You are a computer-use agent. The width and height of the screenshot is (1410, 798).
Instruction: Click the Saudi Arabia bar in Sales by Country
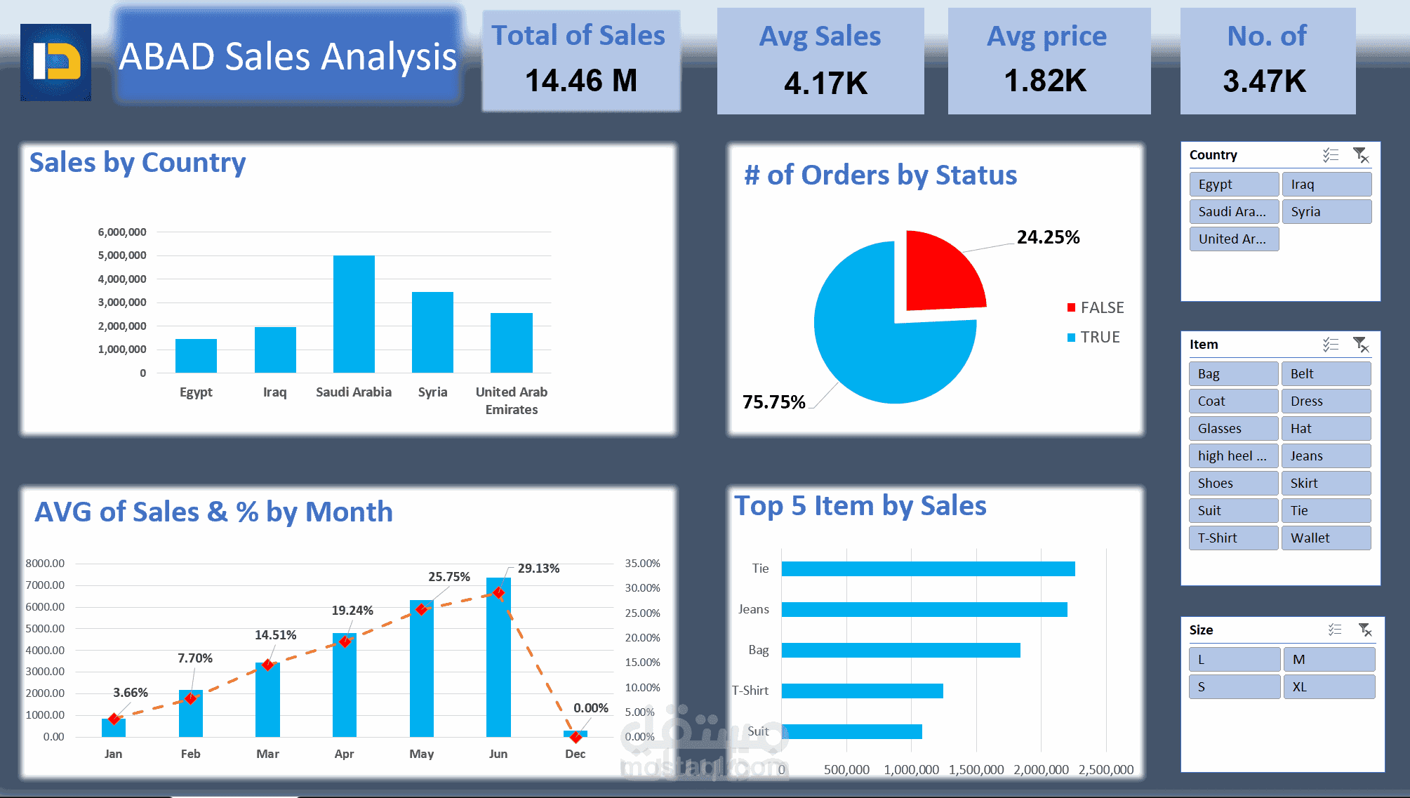pyautogui.click(x=354, y=314)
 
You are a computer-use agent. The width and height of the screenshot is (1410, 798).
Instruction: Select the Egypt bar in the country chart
pyautogui.click(x=196, y=356)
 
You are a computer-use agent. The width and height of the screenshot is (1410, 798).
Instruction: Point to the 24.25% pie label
pyautogui.click(x=1048, y=237)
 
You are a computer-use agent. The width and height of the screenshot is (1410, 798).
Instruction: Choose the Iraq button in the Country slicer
pyautogui.click(x=1326, y=185)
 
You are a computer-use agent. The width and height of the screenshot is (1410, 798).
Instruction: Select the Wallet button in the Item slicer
pyautogui.click(x=1326, y=538)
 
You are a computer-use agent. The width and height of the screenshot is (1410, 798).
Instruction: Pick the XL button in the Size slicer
pyautogui.click(x=1328, y=687)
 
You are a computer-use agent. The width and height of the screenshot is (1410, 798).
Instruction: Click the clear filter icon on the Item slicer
pyautogui.click(x=1360, y=345)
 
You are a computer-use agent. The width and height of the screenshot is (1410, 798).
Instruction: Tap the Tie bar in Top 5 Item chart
pyautogui.click(x=928, y=568)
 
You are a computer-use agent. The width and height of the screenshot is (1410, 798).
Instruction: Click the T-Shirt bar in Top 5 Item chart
pyautogui.click(x=862, y=691)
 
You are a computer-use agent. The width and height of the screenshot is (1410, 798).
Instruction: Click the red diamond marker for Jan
pyautogui.click(x=114, y=719)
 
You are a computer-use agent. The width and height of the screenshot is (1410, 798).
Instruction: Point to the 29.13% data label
pyautogui.click(x=538, y=568)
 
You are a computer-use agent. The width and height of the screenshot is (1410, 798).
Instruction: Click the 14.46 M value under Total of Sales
pyautogui.click(x=581, y=81)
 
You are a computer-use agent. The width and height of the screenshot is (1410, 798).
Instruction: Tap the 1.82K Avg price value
pyautogui.click(x=1045, y=81)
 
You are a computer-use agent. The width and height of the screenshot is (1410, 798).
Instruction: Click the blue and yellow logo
pyautogui.click(x=56, y=62)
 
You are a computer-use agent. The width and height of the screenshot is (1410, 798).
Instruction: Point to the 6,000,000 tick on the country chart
pyautogui.click(x=122, y=232)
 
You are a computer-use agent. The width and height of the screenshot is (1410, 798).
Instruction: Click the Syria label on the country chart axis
pyautogui.click(x=432, y=392)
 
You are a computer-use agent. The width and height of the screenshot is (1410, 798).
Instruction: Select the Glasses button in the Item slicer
pyautogui.click(x=1233, y=429)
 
